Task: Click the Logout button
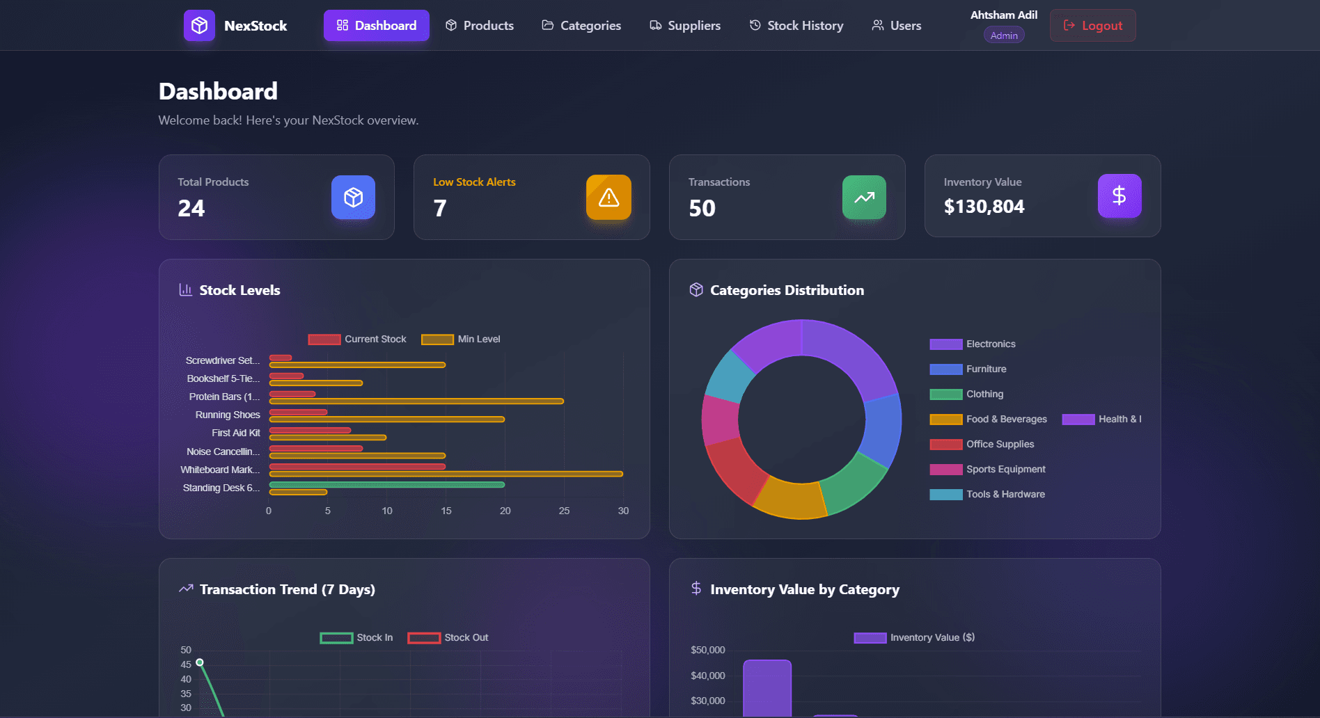(1092, 26)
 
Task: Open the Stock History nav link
(796, 26)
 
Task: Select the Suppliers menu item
(685, 26)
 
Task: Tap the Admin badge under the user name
(1003, 35)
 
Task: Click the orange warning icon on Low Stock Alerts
(608, 198)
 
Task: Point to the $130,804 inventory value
(984, 207)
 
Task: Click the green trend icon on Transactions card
(864, 198)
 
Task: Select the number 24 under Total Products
(191, 208)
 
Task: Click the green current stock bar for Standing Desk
(386, 485)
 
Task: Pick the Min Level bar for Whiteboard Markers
(446, 474)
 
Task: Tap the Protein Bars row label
(223, 397)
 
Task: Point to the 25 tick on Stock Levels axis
(564, 511)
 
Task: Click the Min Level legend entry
(461, 340)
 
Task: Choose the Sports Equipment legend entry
(1005, 470)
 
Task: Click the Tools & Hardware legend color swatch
(945, 495)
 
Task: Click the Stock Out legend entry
(448, 638)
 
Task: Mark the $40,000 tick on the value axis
(707, 676)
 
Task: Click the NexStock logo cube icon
(199, 26)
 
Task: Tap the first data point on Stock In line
(200, 662)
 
